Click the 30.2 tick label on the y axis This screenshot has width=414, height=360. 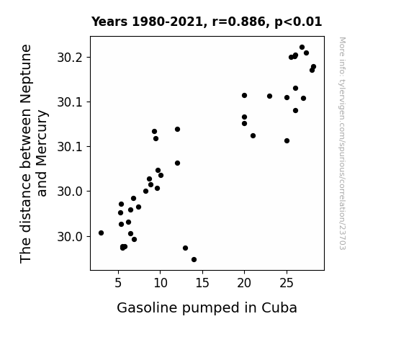click(x=70, y=58)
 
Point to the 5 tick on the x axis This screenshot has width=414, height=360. click(x=118, y=283)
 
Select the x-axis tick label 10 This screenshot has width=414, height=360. click(x=161, y=283)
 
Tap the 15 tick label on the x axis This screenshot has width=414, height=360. click(x=202, y=283)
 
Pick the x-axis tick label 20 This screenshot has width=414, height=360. click(x=244, y=283)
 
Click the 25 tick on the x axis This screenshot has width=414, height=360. click(x=287, y=283)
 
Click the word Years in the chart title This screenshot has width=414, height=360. click(x=109, y=22)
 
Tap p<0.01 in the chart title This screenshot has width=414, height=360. click(x=298, y=22)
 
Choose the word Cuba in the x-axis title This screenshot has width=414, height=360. click(x=279, y=308)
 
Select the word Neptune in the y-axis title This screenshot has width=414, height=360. click(x=26, y=74)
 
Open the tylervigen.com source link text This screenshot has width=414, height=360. click(x=343, y=143)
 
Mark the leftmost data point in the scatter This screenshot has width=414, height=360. click(x=101, y=233)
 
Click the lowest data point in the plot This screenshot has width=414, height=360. click(x=194, y=260)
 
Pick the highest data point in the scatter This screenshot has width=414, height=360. click(x=302, y=48)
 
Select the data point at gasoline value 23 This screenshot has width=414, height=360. click(x=269, y=96)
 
